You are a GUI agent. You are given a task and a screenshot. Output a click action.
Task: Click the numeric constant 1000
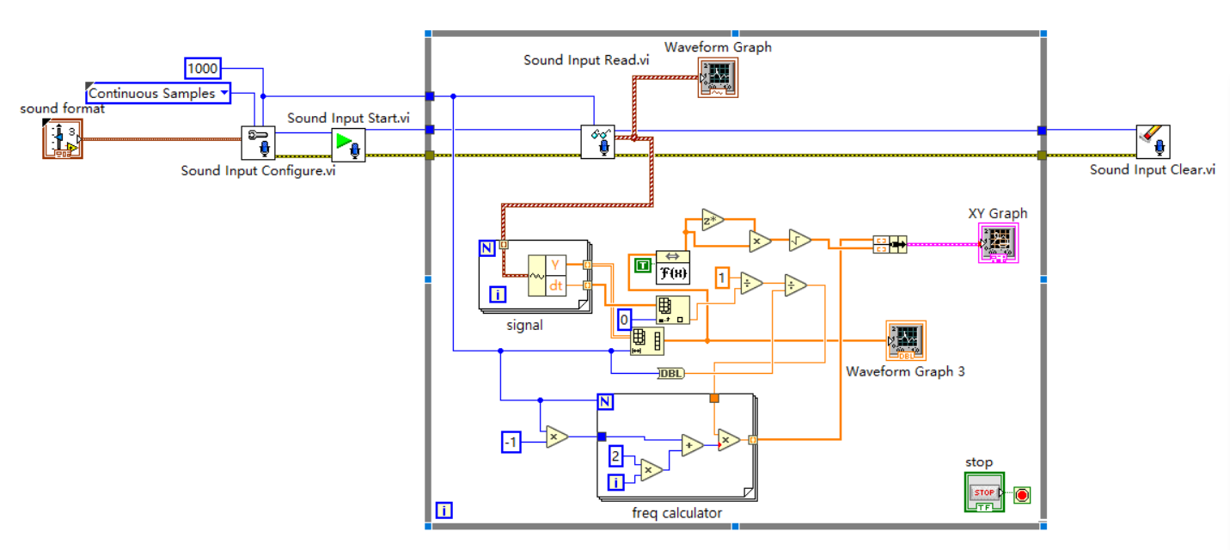point(203,68)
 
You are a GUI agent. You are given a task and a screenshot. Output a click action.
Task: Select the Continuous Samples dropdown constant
point(158,93)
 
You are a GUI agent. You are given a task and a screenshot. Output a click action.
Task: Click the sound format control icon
point(61,139)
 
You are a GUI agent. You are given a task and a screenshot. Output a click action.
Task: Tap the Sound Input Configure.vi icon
point(257,143)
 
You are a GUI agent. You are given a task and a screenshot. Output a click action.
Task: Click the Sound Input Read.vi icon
point(597,141)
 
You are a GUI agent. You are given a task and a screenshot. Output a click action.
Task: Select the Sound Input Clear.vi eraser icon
point(1152,142)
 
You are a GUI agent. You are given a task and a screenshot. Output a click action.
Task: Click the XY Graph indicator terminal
point(998,243)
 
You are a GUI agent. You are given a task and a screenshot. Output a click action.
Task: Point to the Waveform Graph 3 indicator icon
point(906,341)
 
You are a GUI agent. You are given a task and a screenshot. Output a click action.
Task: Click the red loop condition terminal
point(1022,494)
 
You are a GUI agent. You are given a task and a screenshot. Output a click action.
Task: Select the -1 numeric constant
point(511,442)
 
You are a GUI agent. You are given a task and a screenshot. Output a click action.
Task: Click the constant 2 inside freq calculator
point(616,455)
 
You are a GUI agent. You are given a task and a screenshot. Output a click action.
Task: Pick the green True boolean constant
point(642,266)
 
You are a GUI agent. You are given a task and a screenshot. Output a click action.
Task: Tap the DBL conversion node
point(670,373)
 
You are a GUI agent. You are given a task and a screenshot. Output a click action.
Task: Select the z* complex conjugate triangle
point(713,220)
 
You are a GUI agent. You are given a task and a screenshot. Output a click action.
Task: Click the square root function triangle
point(800,241)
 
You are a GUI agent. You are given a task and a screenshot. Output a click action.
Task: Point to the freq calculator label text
point(676,513)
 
